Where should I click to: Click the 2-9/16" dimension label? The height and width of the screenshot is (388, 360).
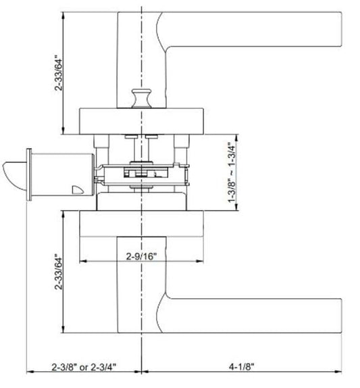[141, 256]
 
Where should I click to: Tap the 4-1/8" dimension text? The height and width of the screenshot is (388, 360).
[242, 366]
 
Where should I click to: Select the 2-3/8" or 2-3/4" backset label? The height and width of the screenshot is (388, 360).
[84, 367]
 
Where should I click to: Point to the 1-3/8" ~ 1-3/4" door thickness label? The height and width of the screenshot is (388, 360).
[232, 172]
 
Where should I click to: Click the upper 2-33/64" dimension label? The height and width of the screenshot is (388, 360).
[59, 73]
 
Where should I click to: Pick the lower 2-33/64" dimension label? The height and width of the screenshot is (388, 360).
[59, 272]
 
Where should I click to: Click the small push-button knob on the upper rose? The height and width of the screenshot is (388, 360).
[141, 98]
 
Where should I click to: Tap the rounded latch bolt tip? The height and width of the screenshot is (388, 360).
[14, 175]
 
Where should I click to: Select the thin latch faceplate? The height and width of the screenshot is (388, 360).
[29, 174]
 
